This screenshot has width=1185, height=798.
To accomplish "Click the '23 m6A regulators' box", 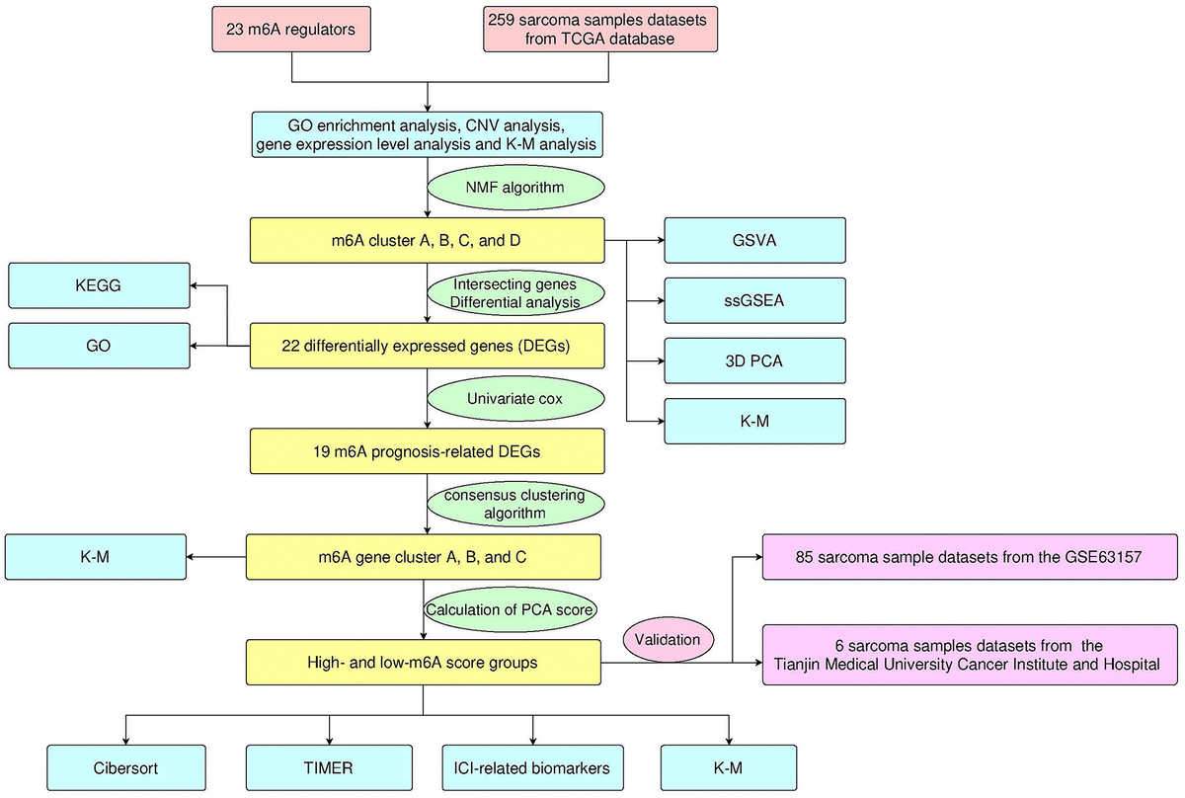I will click(x=290, y=29).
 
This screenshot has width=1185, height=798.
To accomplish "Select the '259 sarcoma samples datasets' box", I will click(x=600, y=29).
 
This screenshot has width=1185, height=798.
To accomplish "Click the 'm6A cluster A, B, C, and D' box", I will click(x=426, y=240).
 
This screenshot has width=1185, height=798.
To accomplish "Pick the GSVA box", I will click(x=755, y=240).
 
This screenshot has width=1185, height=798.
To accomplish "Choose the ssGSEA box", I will click(x=755, y=300).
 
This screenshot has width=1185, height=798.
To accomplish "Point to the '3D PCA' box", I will click(x=755, y=360).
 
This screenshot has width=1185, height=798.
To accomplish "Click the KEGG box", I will click(x=98, y=285).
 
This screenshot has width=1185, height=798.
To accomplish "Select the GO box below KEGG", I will click(x=98, y=346).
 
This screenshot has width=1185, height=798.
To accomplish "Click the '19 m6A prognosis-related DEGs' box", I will click(x=426, y=451).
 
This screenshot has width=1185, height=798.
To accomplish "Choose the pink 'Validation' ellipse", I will click(x=669, y=639).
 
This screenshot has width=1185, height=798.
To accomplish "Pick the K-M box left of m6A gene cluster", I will click(x=96, y=557).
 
